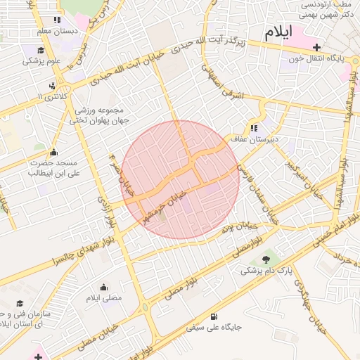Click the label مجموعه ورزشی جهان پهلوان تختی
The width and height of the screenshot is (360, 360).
click(96, 116)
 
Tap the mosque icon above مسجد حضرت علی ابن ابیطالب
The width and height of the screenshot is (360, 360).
click(53, 153)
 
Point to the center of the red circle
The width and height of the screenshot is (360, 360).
click(181, 179)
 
